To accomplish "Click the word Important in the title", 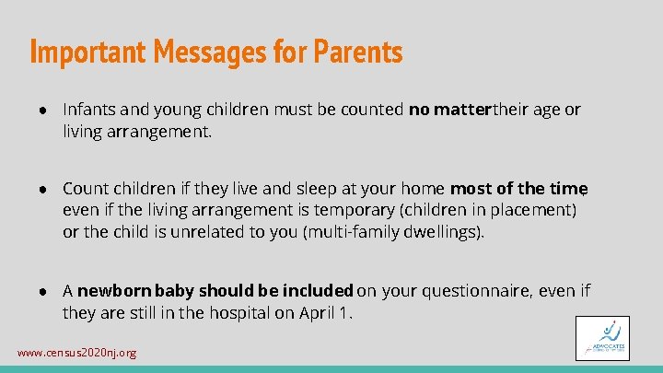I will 84,52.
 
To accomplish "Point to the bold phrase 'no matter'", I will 450,110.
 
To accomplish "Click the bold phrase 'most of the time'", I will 518,189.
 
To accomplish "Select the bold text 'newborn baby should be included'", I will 215,291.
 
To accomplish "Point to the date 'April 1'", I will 325,312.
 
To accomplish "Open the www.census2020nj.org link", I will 77,353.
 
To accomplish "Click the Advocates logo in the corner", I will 603,338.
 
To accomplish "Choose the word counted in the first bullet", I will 378,110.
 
